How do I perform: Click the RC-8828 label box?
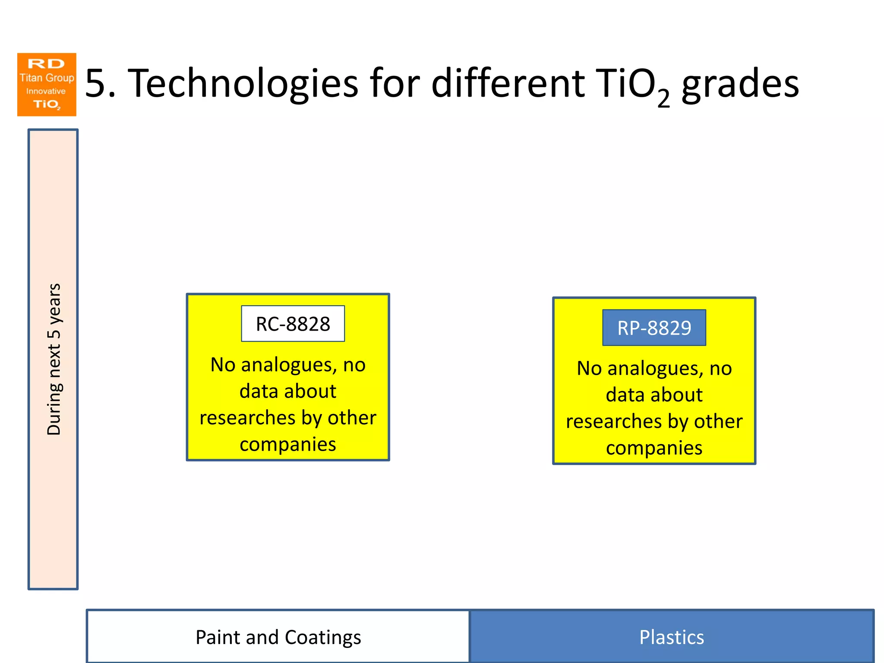point(293,324)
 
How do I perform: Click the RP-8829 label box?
point(654,328)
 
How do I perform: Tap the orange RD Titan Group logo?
point(47,85)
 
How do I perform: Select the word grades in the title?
point(740,84)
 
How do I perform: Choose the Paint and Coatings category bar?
point(278,637)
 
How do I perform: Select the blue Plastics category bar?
point(671,637)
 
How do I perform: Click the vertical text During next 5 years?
point(54,359)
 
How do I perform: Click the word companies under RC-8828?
point(287,444)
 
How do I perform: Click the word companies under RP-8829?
point(654,448)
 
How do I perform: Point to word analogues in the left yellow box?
point(288,365)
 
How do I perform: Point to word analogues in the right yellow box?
point(655,369)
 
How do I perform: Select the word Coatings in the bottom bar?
point(322,638)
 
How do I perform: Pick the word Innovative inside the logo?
point(46,91)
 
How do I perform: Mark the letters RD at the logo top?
point(46,64)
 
